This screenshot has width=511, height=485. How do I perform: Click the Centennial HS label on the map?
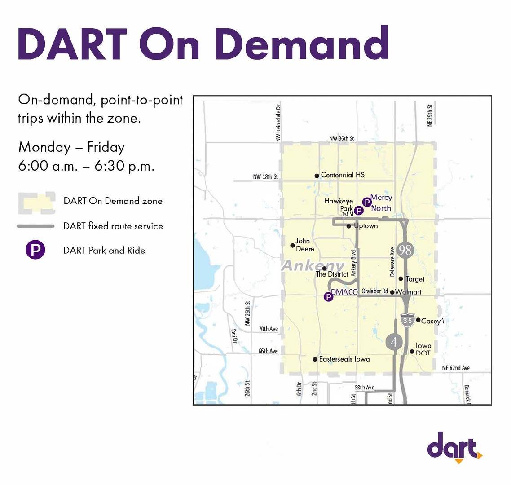343,175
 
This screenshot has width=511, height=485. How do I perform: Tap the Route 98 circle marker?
405,250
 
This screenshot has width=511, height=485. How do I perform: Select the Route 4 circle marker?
394,342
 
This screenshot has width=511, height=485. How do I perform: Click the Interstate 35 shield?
407,319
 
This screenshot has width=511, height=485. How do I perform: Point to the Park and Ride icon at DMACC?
329,297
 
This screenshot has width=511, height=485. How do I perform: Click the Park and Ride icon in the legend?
35,250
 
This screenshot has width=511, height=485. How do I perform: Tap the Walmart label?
409,292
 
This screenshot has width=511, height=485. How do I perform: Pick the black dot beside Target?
401,279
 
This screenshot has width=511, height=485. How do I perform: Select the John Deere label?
304,245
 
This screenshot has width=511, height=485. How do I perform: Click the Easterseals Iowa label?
344,359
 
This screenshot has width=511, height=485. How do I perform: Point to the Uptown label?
366,226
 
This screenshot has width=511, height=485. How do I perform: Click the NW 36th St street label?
342,138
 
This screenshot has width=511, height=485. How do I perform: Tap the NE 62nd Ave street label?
456,368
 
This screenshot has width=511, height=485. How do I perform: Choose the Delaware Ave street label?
392,261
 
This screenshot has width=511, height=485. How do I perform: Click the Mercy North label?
381,203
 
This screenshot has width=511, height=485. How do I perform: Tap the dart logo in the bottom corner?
454,446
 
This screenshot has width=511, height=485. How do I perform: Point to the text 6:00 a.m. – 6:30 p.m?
86,166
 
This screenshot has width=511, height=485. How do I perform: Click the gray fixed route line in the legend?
35,226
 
